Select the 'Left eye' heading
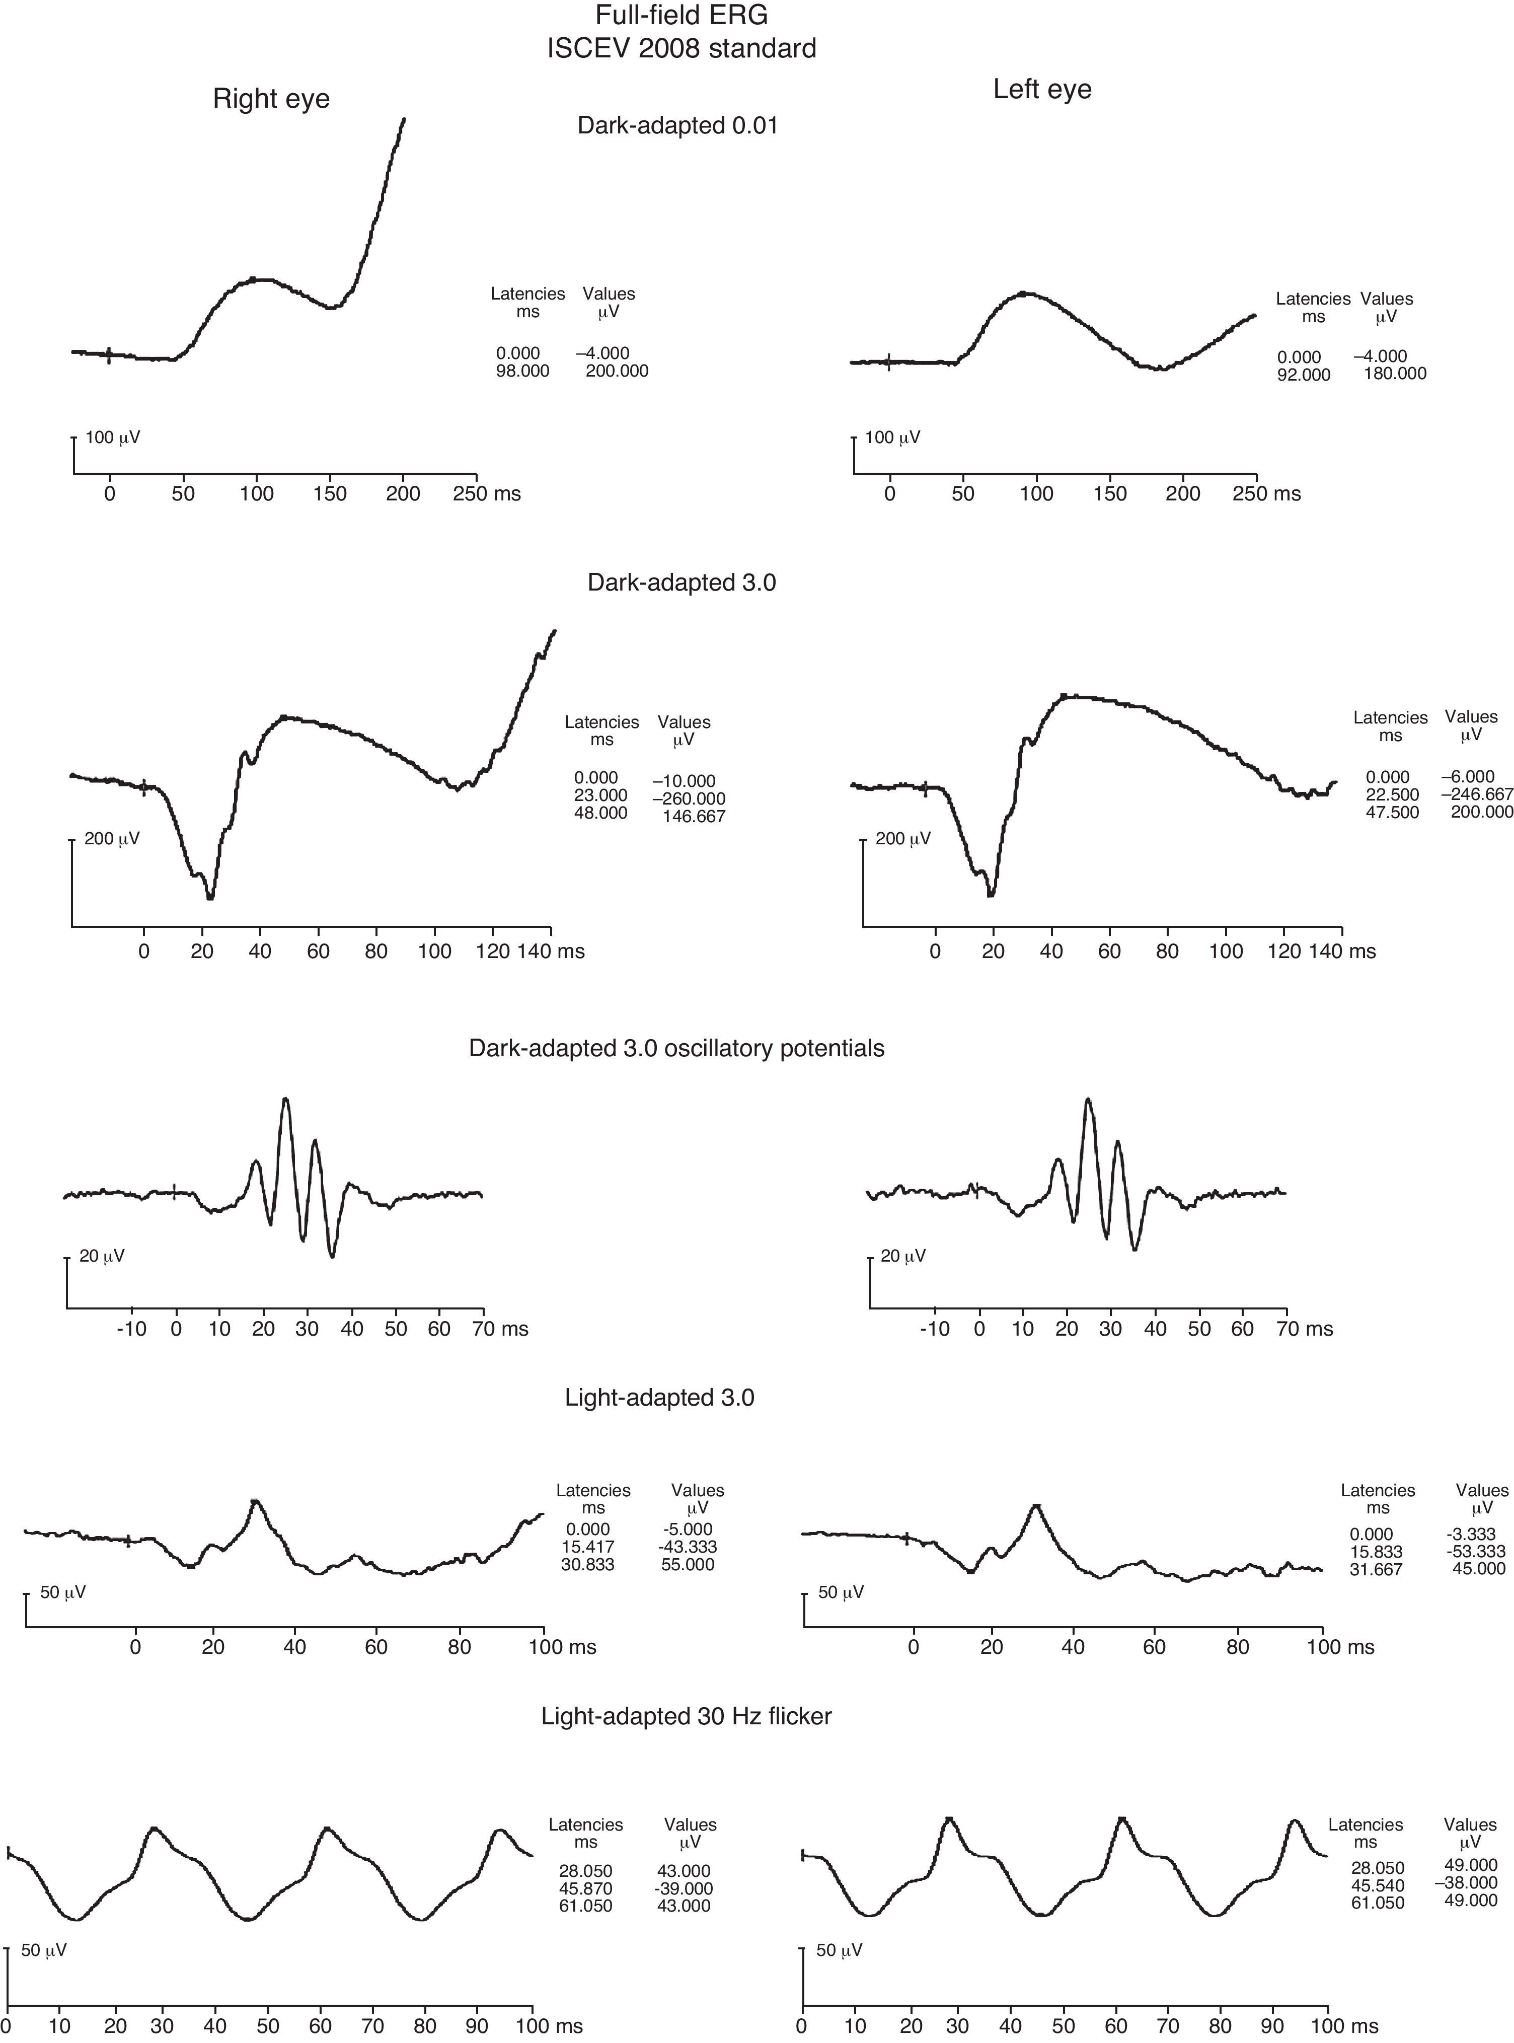pos(1042,89)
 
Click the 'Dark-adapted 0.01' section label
pos(677,125)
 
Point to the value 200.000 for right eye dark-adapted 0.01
pos(617,371)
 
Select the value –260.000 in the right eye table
pos(688,798)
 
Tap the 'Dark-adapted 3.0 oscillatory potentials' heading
pos(676,1049)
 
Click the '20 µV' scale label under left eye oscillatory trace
pos(903,1256)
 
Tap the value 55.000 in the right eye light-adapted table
pos(688,1565)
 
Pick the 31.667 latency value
pos(1376,1569)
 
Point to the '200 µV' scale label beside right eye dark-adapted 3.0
pos(112,839)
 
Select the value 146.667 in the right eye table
pos(693,816)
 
